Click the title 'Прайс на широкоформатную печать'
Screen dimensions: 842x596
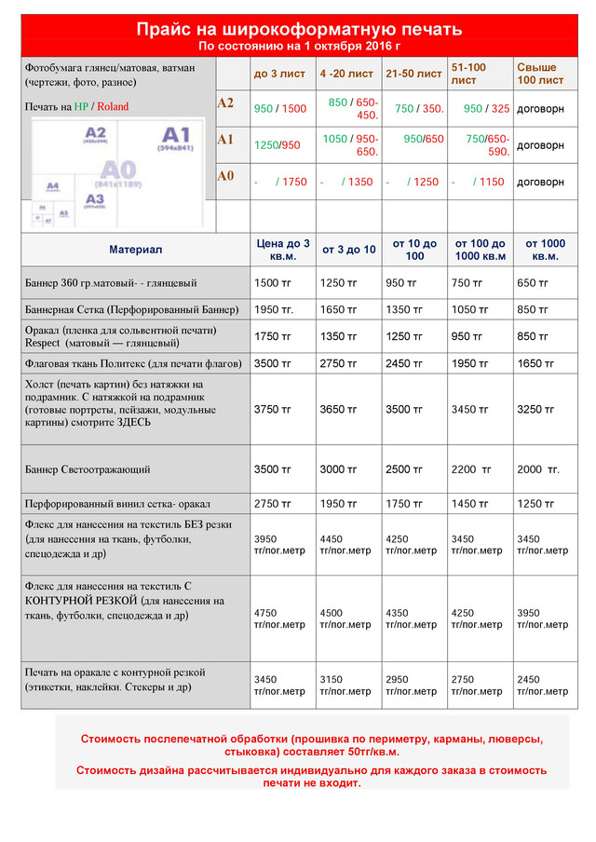298,30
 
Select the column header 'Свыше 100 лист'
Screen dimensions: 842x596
540,74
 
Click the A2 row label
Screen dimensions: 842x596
225,103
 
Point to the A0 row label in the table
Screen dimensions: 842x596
225,175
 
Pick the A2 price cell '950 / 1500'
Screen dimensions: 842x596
279,109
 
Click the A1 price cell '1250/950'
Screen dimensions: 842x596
278,145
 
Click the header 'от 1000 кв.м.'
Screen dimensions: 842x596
545,250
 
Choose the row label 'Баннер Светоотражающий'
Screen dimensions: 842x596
88,470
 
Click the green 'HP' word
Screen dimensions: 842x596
81,107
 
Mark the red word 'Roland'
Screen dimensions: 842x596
113,107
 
